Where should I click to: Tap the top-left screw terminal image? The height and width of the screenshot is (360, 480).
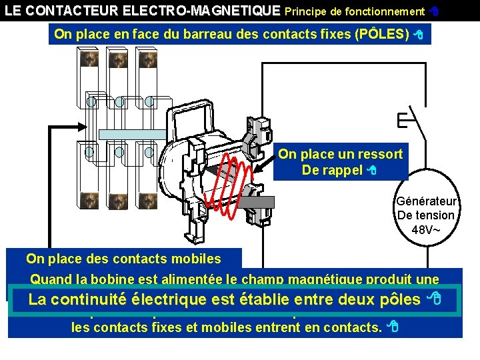pyautogui.click(x=89, y=59)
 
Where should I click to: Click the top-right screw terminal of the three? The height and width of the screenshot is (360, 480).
pyautogui.click(x=147, y=59)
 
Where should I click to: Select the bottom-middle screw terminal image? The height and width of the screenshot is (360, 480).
pyautogui.click(x=118, y=200)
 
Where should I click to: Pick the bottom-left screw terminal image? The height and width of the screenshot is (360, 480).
pyautogui.click(x=89, y=200)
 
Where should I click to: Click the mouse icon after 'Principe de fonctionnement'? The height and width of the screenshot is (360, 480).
pyautogui.click(x=433, y=11)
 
